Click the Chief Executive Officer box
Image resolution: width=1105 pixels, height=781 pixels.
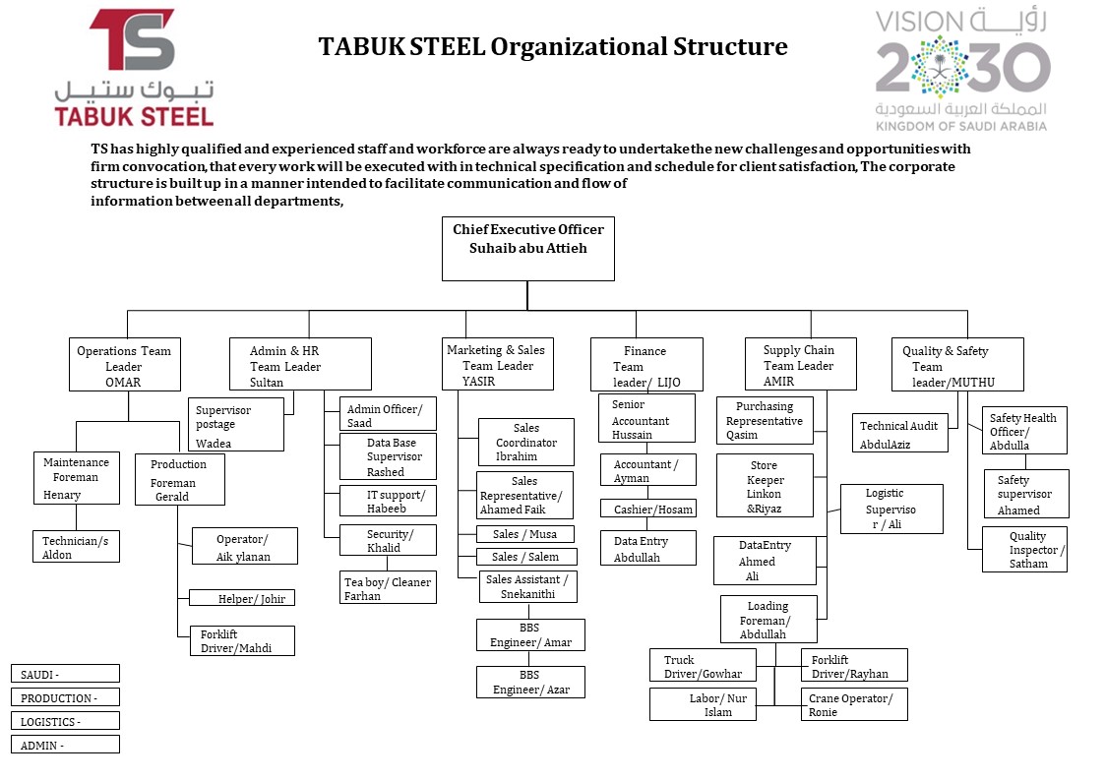point(527,249)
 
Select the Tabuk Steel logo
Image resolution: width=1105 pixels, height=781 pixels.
point(134,68)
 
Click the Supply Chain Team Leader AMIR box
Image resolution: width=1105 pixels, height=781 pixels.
point(800,365)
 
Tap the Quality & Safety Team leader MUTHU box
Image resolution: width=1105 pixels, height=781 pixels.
point(960,365)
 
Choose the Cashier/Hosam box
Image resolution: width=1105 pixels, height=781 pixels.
point(647,509)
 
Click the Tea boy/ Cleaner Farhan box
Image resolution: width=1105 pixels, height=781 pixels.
point(388,588)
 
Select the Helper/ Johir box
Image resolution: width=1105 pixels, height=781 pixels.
point(242,598)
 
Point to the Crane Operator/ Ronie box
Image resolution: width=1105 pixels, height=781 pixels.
point(853,704)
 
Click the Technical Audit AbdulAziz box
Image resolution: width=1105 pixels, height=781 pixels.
point(899,433)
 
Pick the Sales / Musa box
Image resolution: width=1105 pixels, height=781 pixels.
point(524,534)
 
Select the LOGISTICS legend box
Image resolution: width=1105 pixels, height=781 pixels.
point(65,721)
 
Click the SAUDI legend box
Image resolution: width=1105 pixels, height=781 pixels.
point(65,674)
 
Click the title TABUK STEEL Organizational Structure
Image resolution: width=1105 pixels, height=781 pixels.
point(553,46)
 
